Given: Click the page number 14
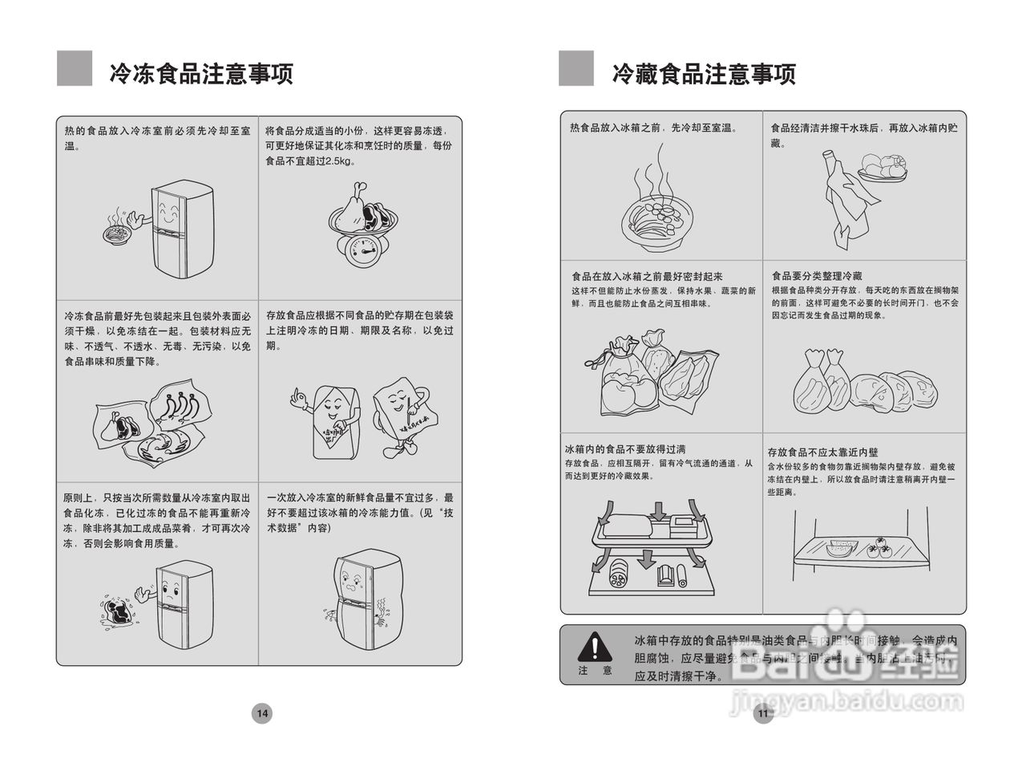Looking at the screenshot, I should (x=262, y=712).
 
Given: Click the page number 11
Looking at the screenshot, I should (x=762, y=712).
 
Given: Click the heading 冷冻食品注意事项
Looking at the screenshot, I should (x=201, y=73).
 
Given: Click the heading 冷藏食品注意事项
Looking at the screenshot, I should (x=704, y=74).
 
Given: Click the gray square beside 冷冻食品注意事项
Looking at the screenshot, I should (x=75, y=68).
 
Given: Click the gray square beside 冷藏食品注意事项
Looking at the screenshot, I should (x=576, y=68).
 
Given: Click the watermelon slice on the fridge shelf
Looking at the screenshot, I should (x=842, y=549).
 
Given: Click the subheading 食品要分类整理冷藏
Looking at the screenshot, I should (x=817, y=276).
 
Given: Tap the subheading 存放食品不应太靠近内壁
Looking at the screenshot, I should (x=822, y=453).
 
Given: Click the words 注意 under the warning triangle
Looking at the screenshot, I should (x=595, y=670).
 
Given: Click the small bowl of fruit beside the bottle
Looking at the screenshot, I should (x=882, y=169).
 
